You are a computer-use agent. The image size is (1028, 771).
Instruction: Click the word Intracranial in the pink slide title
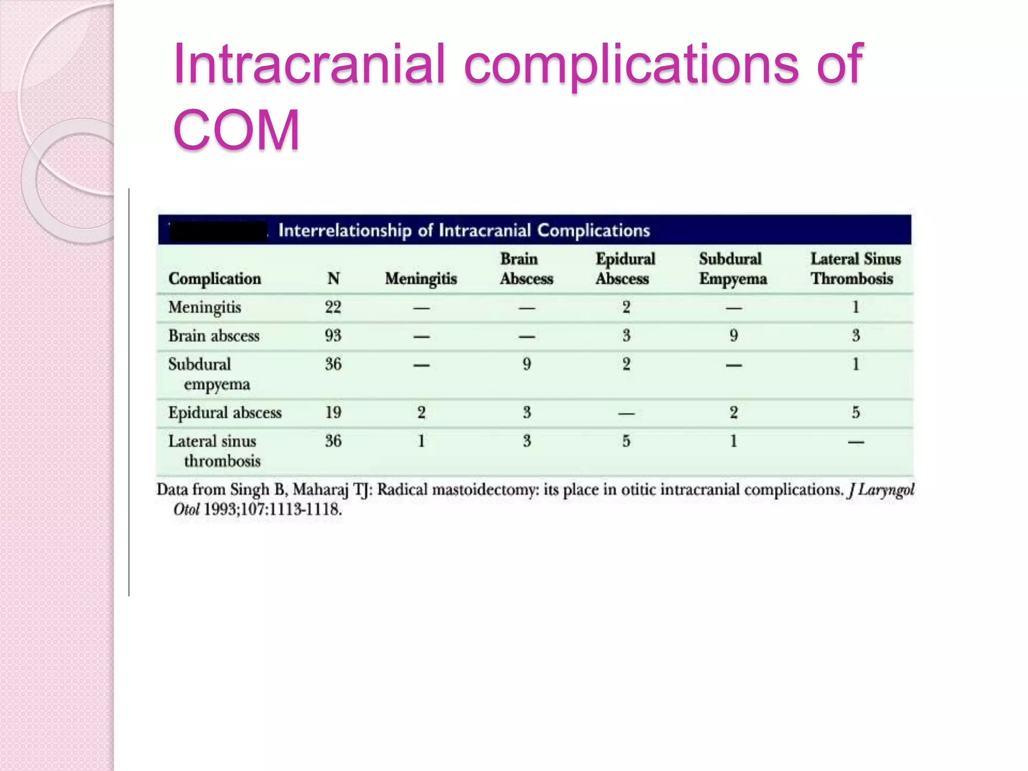[309, 64]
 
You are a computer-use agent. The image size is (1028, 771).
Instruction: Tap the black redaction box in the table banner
[218, 231]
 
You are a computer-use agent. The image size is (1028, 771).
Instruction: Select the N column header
[333, 279]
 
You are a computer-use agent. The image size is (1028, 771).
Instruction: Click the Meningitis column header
[421, 279]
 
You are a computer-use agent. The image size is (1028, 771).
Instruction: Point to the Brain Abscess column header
[526, 269]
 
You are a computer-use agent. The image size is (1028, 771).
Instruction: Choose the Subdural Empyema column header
[733, 269]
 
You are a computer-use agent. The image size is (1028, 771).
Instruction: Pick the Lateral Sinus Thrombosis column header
[855, 269]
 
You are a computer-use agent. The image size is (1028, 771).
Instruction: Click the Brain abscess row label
[214, 336]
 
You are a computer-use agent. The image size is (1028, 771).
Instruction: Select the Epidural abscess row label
[225, 413]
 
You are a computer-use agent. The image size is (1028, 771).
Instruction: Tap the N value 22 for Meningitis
[333, 307]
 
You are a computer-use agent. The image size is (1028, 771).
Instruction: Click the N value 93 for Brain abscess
[333, 336]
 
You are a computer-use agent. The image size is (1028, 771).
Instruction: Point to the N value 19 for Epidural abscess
[333, 413]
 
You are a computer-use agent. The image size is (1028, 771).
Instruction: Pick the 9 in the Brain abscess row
[733, 336]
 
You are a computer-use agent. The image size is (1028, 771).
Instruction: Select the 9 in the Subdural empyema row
[527, 364]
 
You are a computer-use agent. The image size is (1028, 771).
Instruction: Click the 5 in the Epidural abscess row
[855, 413]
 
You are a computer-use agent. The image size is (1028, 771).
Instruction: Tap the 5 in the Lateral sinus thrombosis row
[626, 441]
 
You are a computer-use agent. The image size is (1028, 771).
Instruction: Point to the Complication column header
[215, 279]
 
